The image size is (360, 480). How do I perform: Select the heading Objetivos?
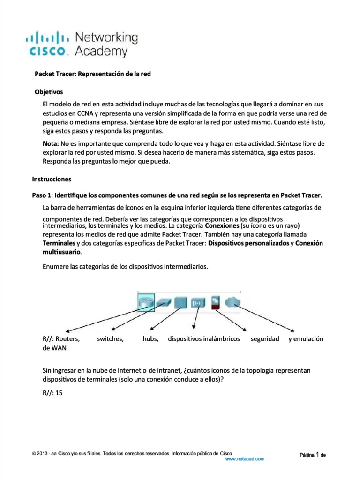pos(49,92)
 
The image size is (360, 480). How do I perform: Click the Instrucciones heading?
pos(52,179)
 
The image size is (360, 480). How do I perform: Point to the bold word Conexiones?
pos(219,225)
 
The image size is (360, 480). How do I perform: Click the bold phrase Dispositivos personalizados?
pos(248,243)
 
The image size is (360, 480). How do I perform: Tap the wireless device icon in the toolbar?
pos(197,302)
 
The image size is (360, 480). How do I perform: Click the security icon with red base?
pos(216,302)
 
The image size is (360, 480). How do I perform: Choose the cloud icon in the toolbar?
pos(232,302)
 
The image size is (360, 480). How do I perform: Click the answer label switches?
pos(110,338)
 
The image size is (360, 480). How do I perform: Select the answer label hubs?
pos(150,338)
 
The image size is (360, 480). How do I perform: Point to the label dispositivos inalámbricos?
pos(204,338)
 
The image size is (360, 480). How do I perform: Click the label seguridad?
pos(265,338)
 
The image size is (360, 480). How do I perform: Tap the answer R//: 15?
pos(52,393)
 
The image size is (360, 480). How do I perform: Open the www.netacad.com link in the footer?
pos(245,459)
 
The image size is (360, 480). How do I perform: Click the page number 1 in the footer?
pos(318,454)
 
